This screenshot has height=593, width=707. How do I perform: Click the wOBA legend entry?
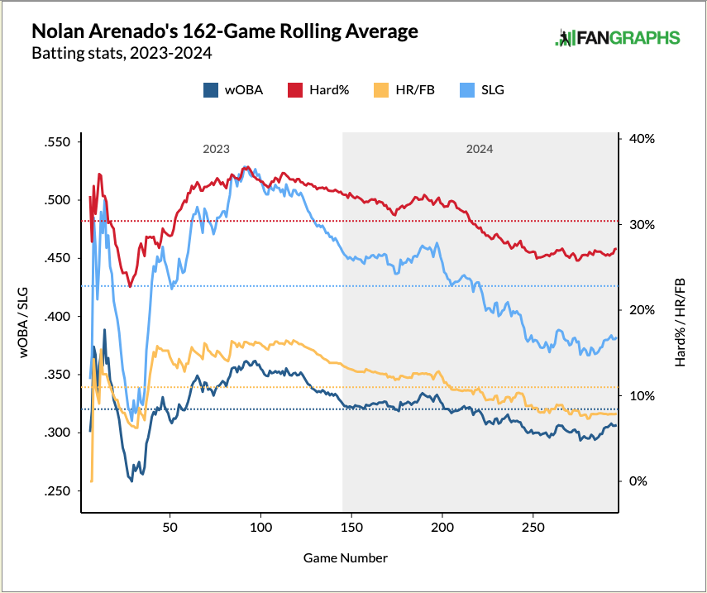tap(233, 90)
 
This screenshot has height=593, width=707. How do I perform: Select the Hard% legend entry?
tap(318, 90)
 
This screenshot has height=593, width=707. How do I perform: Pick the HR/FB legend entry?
tap(405, 90)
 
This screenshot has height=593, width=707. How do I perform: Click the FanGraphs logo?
tap(618, 38)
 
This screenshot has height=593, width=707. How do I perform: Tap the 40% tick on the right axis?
tap(642, 139)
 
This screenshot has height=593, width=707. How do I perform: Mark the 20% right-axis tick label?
tap(642, 310)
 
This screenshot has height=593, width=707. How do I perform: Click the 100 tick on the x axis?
tap(260, 527)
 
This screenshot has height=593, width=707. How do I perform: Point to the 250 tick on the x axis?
tap(533, 527)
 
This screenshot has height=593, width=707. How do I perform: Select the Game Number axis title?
tap(346, 558)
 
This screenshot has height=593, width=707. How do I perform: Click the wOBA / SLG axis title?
tap(26, 317)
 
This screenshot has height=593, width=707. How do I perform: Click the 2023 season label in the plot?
tap(216, 150)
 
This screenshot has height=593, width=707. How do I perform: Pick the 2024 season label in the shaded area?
tap(480, 150)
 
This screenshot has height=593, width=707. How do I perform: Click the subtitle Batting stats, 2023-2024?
tap(121, 55)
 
